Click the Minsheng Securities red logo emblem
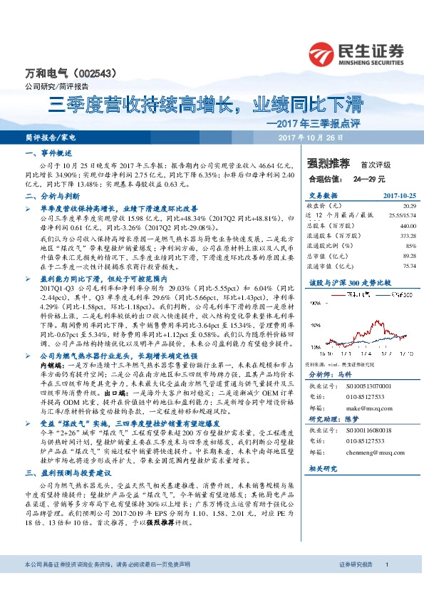322,53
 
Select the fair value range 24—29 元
371,179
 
